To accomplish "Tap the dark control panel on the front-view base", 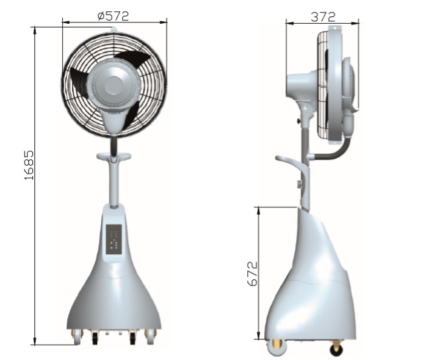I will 114,239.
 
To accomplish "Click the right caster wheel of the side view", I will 337,345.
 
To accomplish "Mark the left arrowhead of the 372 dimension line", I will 288,24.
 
